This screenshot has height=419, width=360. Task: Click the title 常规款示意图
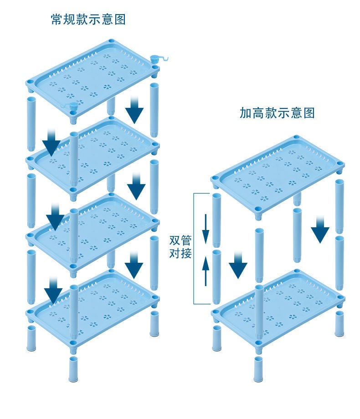click(x=88, y=20)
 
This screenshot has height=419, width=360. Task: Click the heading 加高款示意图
click(x=277, y=113)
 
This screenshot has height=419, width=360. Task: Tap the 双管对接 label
click(x=180, y=246)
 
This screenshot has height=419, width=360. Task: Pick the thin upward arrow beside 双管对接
click(x=206, y=269)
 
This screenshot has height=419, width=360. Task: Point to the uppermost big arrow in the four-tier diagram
click(x=134, y=109)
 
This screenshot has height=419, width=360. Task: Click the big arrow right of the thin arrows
click(x=238, y=264)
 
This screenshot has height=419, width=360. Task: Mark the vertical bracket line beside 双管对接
click(x=194, y=248)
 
